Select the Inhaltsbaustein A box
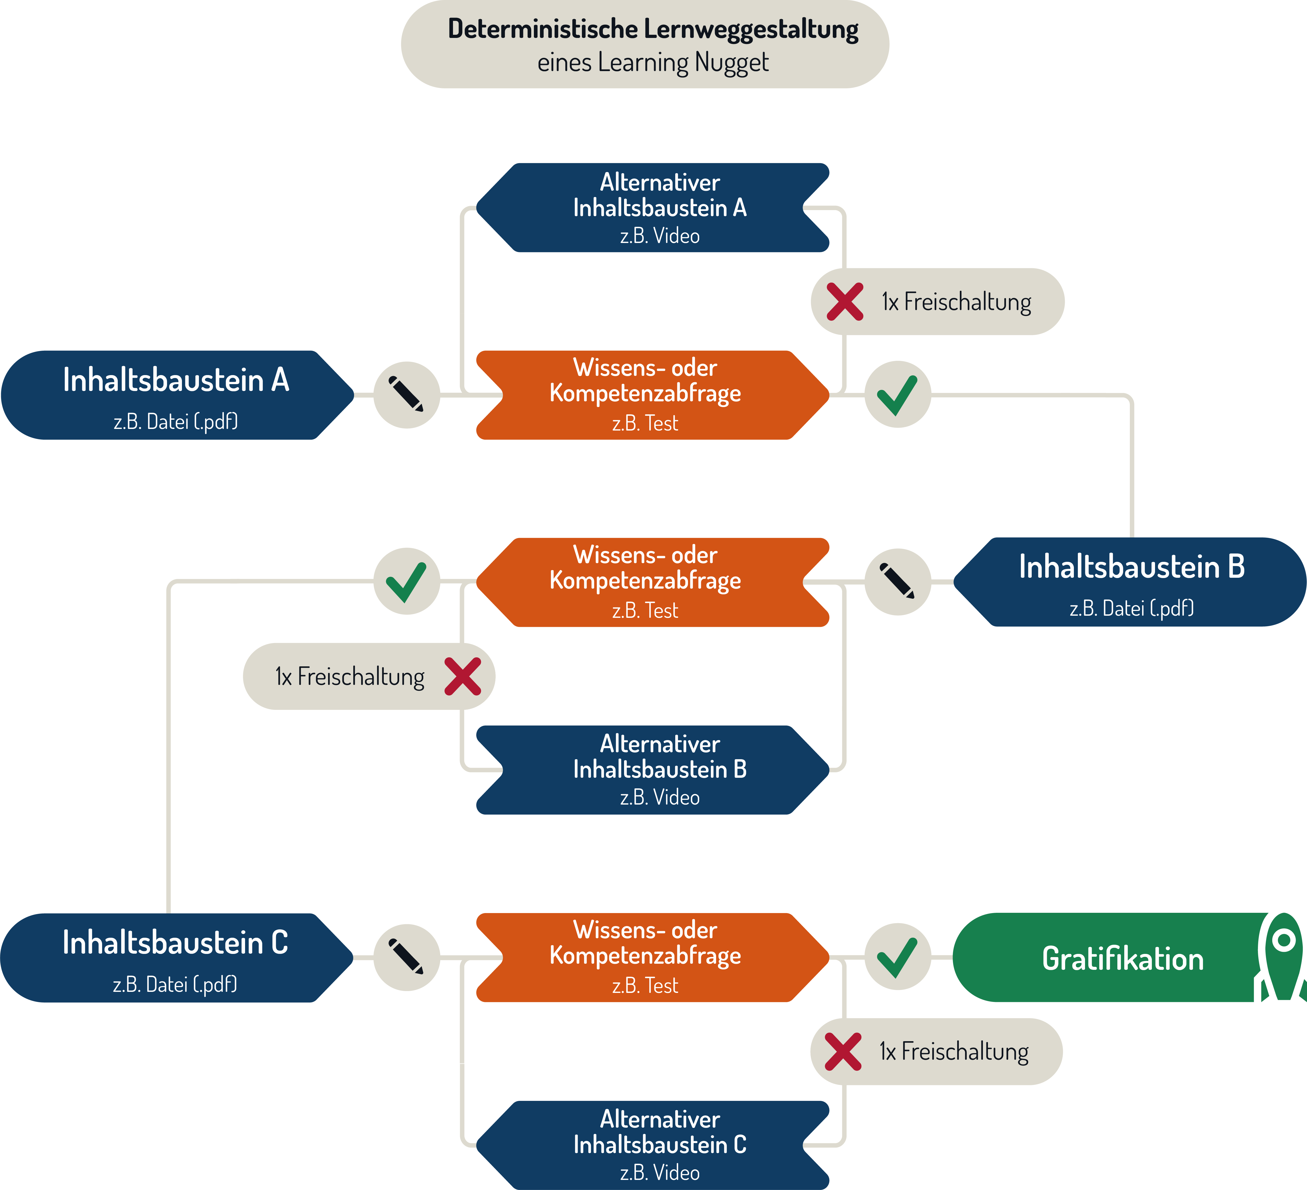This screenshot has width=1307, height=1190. click(177, 395)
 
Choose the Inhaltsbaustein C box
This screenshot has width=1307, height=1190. click(176, 958)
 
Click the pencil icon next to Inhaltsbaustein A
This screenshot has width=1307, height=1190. click(407, 394)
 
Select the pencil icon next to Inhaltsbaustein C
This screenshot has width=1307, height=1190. click(407, 957)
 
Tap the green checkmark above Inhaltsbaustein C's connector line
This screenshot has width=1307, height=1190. click(407, 581)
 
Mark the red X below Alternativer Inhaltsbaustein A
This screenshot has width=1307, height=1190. click(845, 302)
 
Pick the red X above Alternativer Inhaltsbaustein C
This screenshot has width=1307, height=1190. click(843, 1051)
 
